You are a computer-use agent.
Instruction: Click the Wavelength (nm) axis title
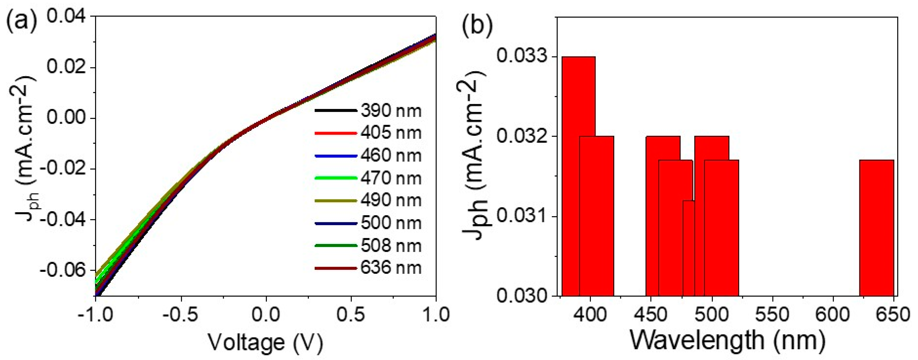pos(728,340)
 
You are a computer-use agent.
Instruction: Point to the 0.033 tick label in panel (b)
pos(523,57)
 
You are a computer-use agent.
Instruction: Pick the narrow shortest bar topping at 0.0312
pos(689,250)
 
